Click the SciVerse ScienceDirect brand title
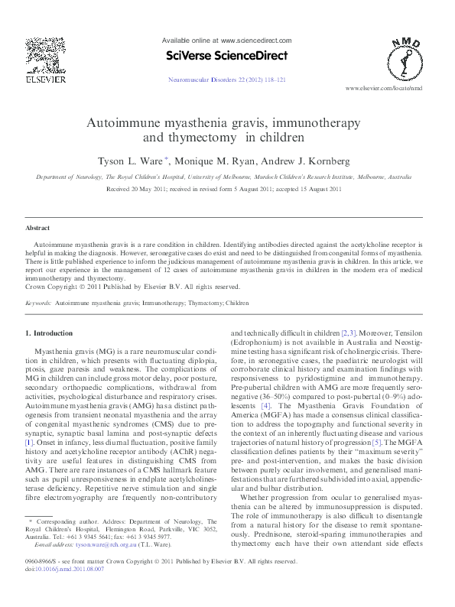coord(226,56)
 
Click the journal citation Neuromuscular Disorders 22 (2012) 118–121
coord(226,80)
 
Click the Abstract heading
coord(37,228)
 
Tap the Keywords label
coord(38,303)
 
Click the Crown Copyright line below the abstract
coord(132,287)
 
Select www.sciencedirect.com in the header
coord(256,40)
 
